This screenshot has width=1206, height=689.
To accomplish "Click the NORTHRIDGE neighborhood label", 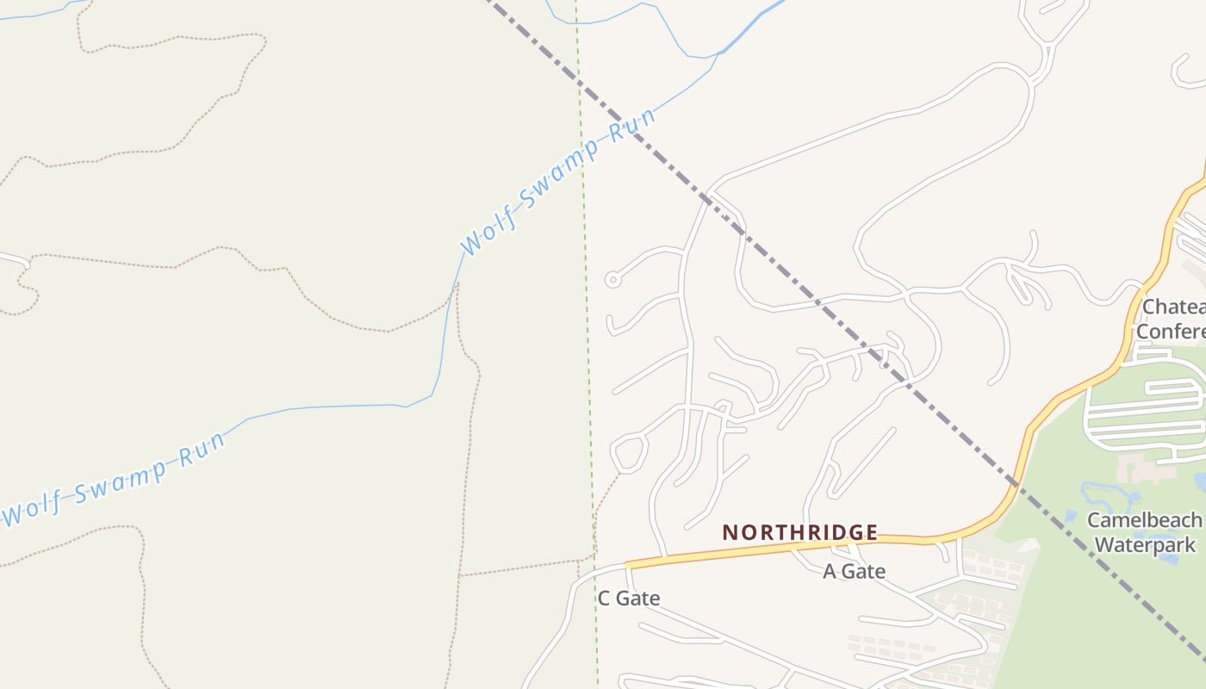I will click(799, 532).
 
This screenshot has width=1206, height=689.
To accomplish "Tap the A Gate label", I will click(854, 571).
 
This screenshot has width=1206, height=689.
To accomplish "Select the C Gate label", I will click(628, 598).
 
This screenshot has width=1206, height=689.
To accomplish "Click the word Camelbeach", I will click(1143, 520).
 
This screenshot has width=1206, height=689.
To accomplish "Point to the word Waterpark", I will click(1145, 544).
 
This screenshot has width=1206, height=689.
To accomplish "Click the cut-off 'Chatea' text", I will click(1172, 307).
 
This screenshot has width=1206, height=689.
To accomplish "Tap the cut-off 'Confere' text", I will click(1170, 332).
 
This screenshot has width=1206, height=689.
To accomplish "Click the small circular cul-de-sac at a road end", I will click(612, 279).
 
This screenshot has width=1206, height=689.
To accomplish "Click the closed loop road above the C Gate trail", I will click(629, 455).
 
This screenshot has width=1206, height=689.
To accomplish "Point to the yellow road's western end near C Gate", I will click(629, 564).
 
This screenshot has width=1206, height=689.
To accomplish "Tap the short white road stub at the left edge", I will click(12, 258).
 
